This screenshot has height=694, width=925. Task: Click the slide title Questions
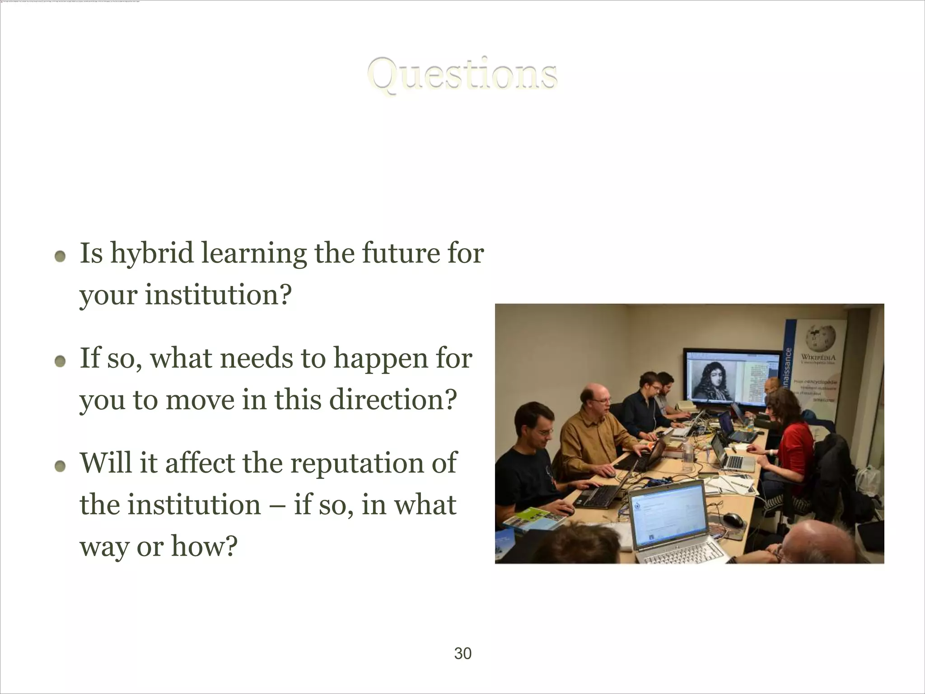click(x=462, y=75)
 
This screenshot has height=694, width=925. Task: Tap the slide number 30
click(x=462, y=653)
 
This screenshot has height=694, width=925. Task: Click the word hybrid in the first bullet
click(x=152, y=254)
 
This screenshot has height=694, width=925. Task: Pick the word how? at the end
click(x=204, y=547)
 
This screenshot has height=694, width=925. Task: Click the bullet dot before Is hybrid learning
click(x=60, y=257)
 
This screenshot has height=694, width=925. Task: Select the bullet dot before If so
click(x=60, y=361)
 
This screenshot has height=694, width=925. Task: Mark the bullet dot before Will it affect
click(x=60, y=466)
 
